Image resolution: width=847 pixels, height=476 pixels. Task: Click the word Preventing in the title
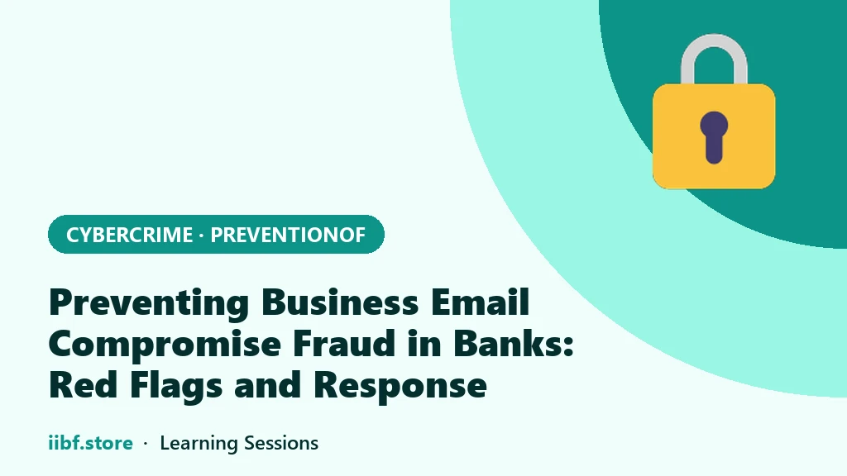(x=149, y=303)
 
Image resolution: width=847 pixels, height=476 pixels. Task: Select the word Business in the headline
(x=340, y=302)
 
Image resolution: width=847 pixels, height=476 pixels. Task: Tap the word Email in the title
(x=480, y=302)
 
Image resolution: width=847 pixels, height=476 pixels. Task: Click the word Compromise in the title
(x=165, y=345)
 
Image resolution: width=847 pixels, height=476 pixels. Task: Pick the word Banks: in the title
(x=513, y=344)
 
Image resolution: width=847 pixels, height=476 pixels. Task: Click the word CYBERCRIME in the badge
(x=129, y=235)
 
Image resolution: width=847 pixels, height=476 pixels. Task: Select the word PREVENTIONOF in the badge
(x=288, y=235)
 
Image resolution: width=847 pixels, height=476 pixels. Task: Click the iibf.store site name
(x=91, y=443)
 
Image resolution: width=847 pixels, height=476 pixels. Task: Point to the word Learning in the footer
(x=199, y=444)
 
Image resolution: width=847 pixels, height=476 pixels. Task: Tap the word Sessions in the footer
(x=281, y=443)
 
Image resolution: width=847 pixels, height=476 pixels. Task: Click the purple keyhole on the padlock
(x=714, y=137)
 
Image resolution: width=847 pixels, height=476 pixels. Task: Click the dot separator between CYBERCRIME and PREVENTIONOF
(x=202, y=236)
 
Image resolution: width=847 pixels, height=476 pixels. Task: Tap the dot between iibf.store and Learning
(x=146, y=444)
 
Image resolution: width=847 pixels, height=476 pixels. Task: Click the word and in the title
(x=267, y=385)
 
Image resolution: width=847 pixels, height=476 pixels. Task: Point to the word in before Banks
(x=424, y=344)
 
